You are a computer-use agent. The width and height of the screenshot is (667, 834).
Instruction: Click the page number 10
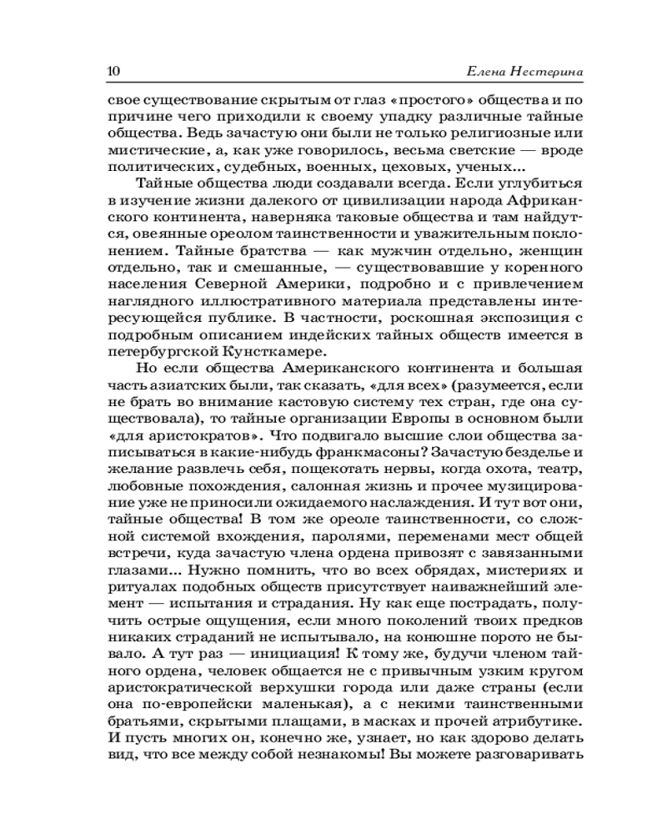click(114, 71)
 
